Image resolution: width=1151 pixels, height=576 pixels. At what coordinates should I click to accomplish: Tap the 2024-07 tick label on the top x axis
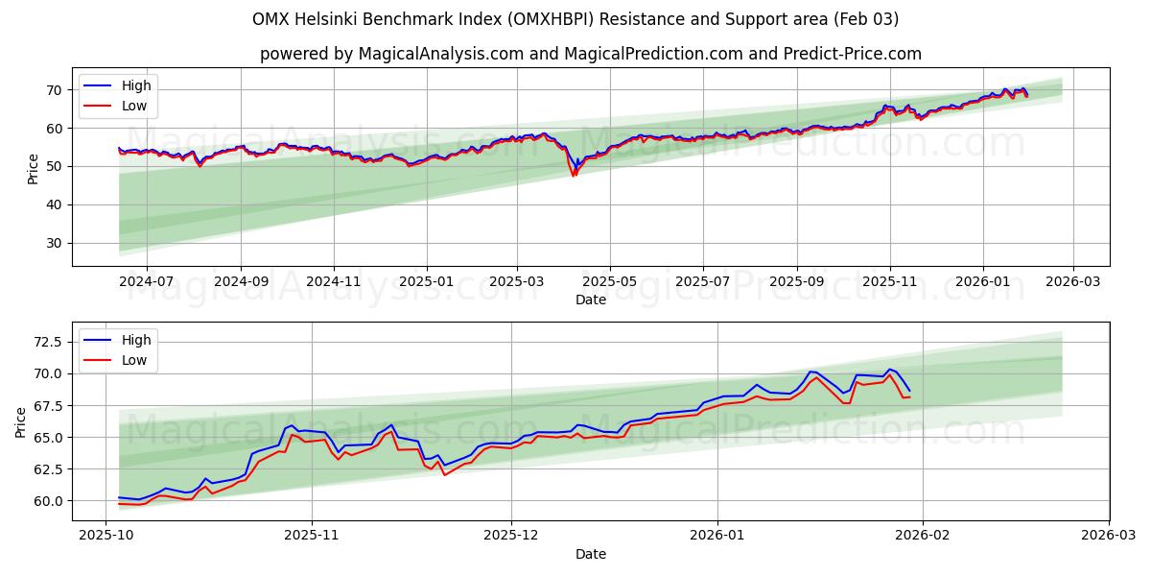(x=146, y=282)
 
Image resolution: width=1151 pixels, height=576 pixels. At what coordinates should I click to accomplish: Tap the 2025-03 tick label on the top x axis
(x=517, y=282)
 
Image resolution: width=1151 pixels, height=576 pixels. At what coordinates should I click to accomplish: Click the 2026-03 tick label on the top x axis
(x=1072, y=282)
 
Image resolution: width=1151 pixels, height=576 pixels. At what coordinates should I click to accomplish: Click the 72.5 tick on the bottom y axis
(x=49, y=342)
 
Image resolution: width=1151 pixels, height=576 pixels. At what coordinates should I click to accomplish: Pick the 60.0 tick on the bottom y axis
(x=49, y=501)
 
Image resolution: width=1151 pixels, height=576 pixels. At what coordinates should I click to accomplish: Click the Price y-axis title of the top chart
(x=34, y=168)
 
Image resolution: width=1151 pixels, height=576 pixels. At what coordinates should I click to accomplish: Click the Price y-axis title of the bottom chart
(x=21, y=421)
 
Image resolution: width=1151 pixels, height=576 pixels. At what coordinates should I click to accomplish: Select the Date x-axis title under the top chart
(x=591, y=300)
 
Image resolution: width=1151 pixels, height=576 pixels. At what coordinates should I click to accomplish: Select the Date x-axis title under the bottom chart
(x=591, y=554)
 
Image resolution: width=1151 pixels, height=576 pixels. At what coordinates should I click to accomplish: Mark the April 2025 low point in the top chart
(x=574, y=176)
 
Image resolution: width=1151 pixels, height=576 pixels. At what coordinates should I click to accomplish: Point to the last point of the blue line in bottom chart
(x=909, y=390)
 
